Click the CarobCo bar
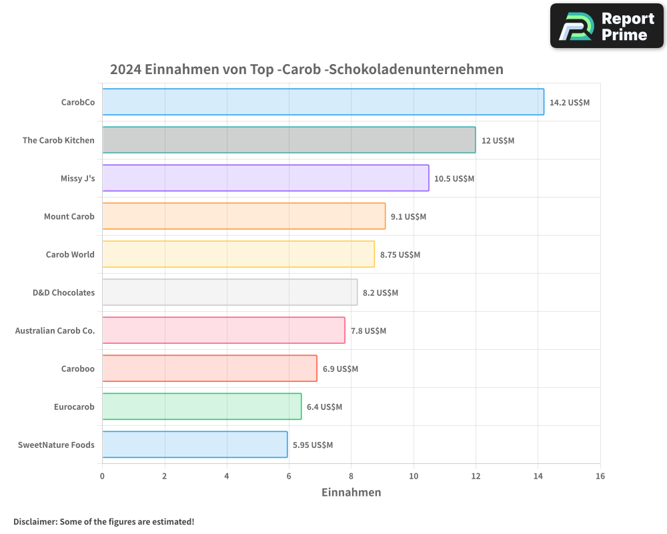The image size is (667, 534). click(x=323, y=102)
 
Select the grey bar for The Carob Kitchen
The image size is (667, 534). click(x=289, y=140)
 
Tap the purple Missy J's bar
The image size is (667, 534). click(x=265, y=178)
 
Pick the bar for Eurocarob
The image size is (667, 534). click(x=201, y=407)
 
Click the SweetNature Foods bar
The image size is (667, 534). click(x=195, y=445)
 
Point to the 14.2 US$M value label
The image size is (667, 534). click(x=570, y=103)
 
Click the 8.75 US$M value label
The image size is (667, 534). click(x=400, y=255)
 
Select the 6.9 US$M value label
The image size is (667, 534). click(x=340, y=369)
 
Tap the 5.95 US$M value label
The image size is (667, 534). click(x=313, y=445)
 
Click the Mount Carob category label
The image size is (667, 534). click(x=69, y=217)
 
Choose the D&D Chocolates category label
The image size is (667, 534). click(x=63, y=293)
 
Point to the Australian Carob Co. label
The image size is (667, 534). click(x=55, y=331)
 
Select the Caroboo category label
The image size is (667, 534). click(x=78, y=369)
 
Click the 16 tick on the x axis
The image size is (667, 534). click(x=600, y=477)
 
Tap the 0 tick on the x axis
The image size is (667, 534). click(x=102, y=477)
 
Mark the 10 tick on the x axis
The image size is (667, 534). click(x=414, y=477)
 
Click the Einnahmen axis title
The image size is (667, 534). click(x=352, y=493)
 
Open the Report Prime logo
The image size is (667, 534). click(x=607, y=26)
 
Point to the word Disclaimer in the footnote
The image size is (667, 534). click(x=35, y=522)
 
